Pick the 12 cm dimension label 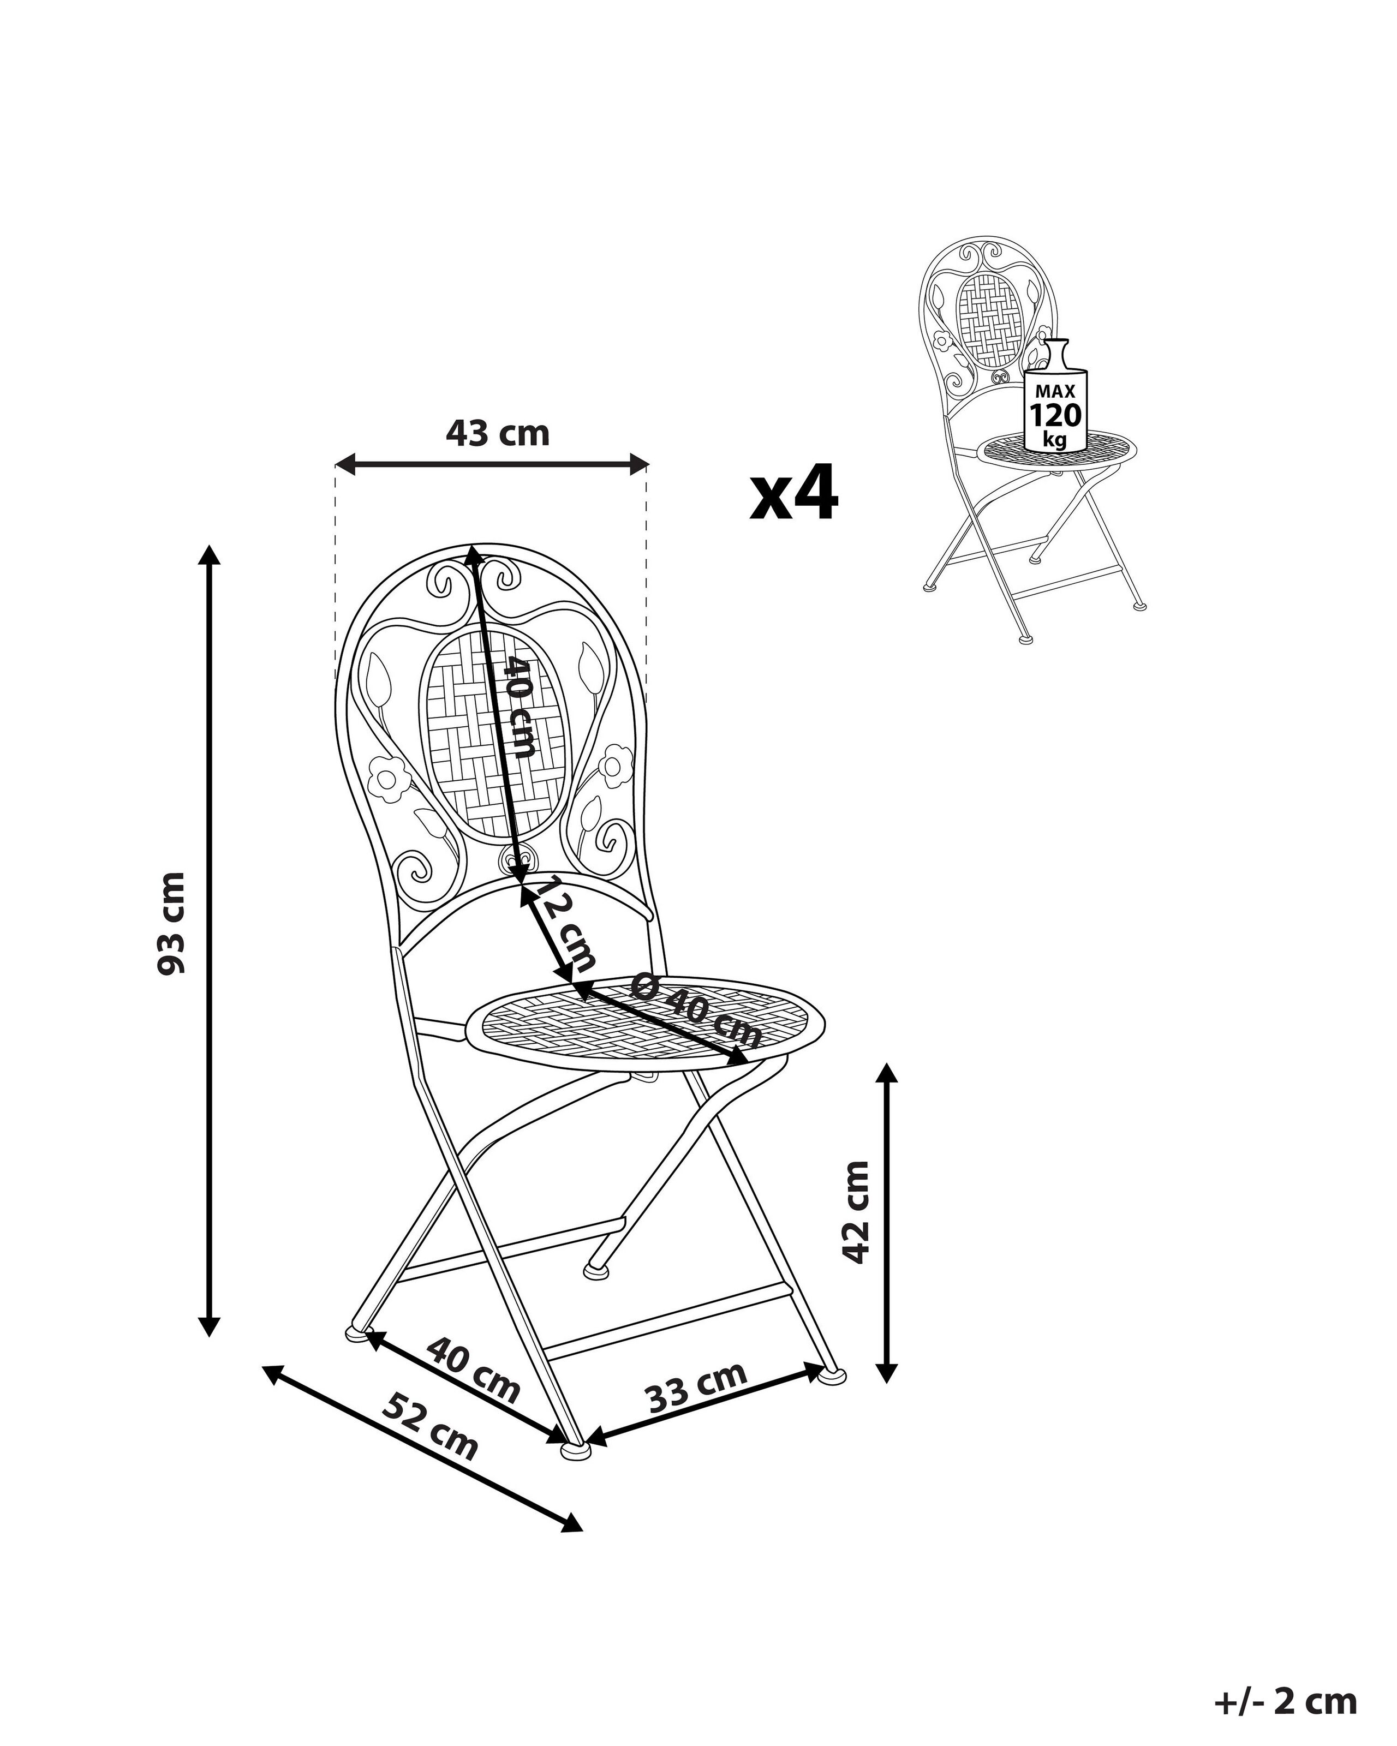[566, 923]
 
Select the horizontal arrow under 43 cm [492, 464]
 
